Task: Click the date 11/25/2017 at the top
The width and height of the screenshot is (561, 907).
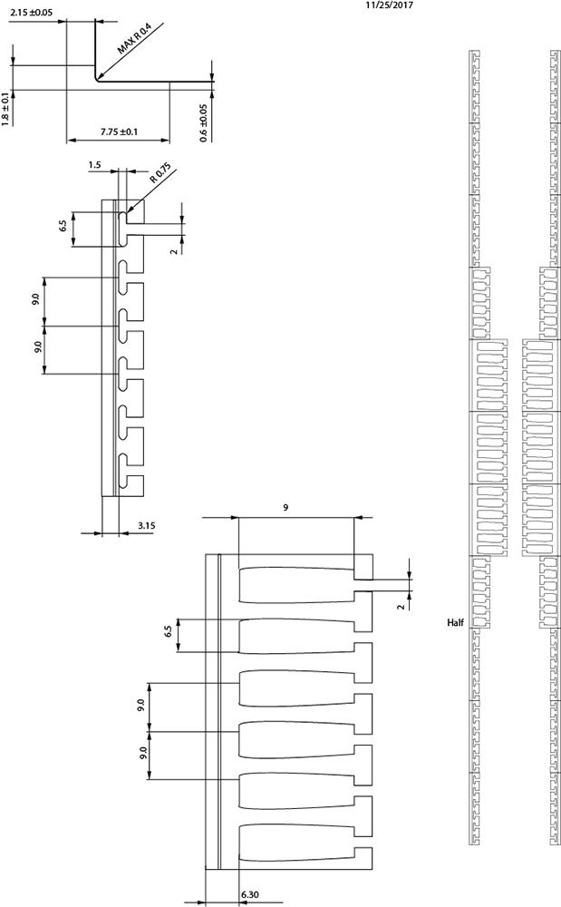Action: point(389,5)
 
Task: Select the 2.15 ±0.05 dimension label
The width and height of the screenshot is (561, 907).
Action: point(31,11)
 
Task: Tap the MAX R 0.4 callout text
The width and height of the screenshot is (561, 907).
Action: point(134,39)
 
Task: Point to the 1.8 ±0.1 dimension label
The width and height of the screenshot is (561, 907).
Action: point(6,108)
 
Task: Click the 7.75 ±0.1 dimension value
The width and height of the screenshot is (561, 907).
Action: point(119,132)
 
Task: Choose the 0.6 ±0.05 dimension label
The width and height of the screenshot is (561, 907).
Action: point(203,122)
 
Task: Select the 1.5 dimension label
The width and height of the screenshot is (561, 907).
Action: point(95,165)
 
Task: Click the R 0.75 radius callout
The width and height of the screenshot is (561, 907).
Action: point(160,173)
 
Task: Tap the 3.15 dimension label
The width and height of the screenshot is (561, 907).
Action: point(146,526)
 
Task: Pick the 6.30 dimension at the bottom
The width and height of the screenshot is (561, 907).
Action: point(249,894)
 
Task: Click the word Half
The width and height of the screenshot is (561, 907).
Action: point(455,623)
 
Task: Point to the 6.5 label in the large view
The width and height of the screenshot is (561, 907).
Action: point(169,631)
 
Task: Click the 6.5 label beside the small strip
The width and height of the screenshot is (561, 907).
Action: point(63,224)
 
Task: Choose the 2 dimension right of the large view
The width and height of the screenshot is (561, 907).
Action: point(401,606)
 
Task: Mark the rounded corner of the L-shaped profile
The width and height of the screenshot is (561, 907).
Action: point(96,79)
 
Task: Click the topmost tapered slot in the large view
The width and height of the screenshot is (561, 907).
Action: point(296,585)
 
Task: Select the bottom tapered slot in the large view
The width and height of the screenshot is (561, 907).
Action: point(296,843)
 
